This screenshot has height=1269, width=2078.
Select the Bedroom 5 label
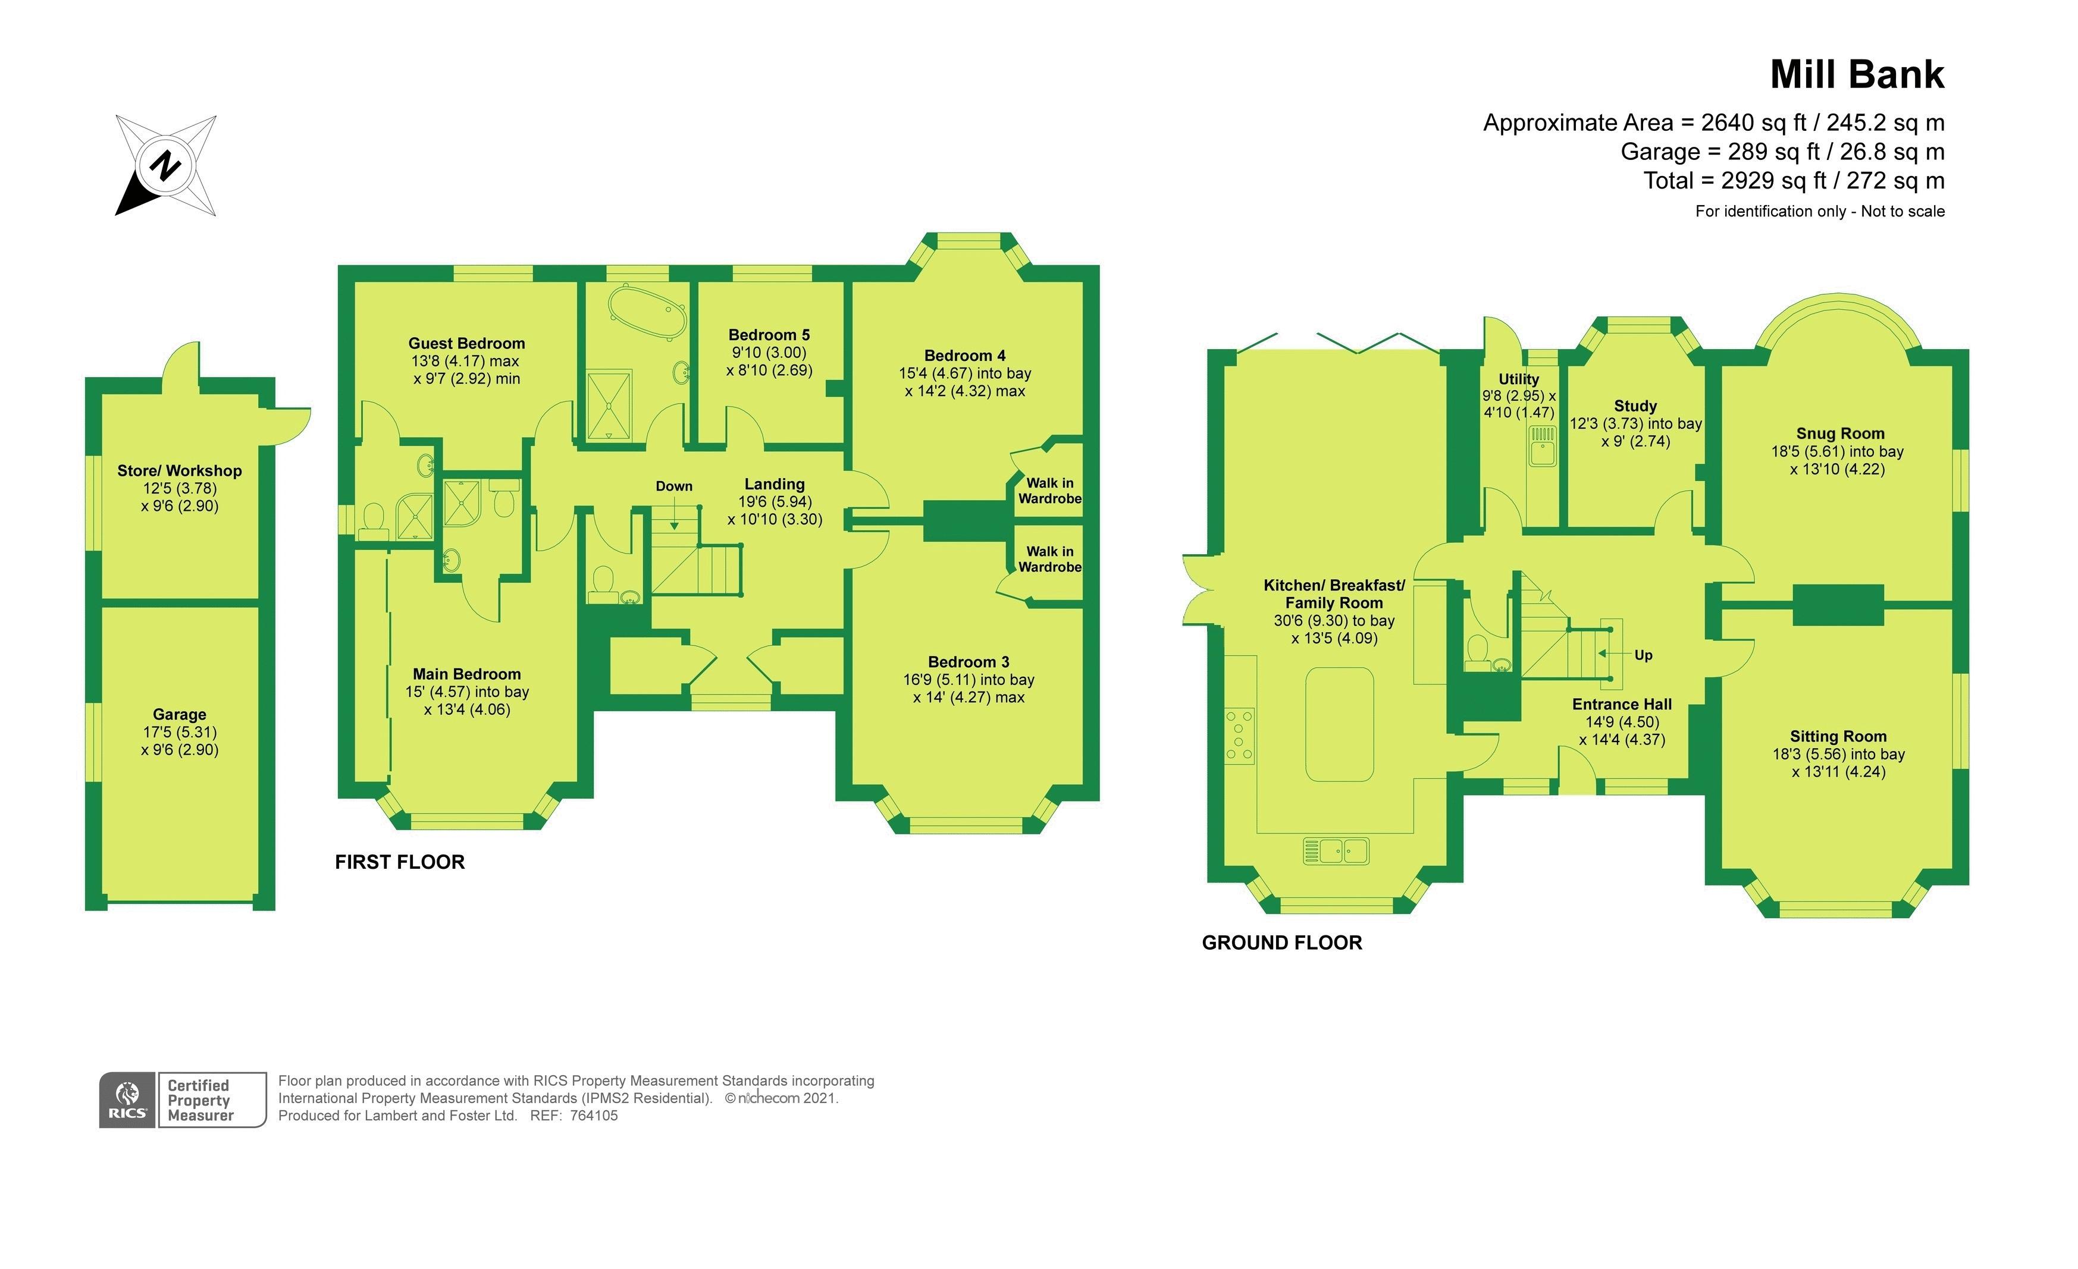coord(769,335)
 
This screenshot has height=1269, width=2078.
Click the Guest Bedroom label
coord(466,343)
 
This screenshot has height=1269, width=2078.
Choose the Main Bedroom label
coord(466,674)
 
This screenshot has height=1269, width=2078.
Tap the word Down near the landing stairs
coord(674,486)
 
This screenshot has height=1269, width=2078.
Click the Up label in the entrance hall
coord(1643,655)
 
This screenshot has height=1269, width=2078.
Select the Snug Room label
coord(1840,434)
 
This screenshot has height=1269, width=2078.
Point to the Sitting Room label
coord(1838,736)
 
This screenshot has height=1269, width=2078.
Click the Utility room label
coord(1518,379)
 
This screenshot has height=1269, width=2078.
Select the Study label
coord(1635,406)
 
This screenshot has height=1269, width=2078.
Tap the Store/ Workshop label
coord(180,470)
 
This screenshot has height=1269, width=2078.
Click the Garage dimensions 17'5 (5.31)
coord(180,732)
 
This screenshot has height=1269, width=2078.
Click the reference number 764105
coord(594,1116)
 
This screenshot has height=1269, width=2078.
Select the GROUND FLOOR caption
coord(1282,943)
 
